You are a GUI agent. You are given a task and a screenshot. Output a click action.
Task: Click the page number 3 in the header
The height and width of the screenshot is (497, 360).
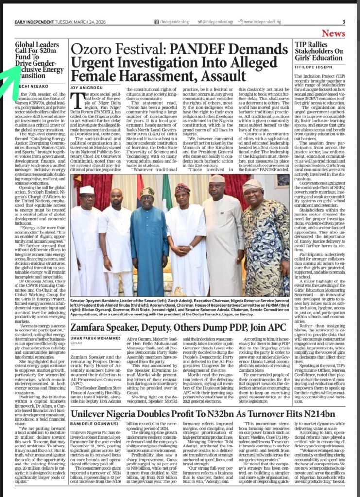point(343,22)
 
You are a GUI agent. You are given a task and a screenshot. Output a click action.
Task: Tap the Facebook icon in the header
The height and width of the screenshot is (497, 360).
point(156,22)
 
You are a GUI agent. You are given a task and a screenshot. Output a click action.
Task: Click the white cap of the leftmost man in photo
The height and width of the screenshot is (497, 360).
point(87,189)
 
